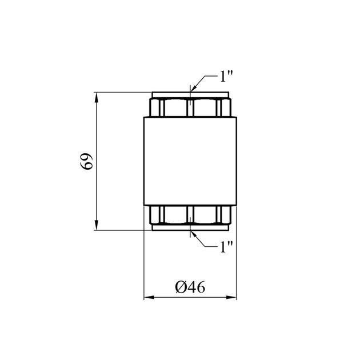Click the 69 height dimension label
coord(86,161)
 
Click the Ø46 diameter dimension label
coord(190,287)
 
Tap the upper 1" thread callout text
coord(226,76)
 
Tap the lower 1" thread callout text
coord(226,247)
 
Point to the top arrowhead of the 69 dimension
coord(97,97)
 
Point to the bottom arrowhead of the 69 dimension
coord(97,225)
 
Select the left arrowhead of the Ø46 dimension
coord(149,297)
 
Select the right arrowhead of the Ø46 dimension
coord(231,297)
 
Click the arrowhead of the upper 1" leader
coord(193,89)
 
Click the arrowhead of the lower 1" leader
coord(193,234)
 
